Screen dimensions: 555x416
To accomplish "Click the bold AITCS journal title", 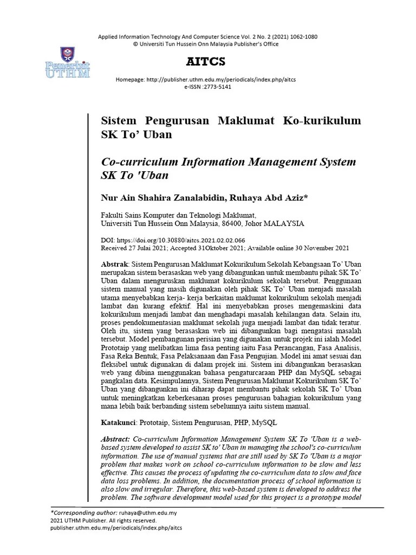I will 206,61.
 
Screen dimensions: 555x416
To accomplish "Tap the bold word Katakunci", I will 119,422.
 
